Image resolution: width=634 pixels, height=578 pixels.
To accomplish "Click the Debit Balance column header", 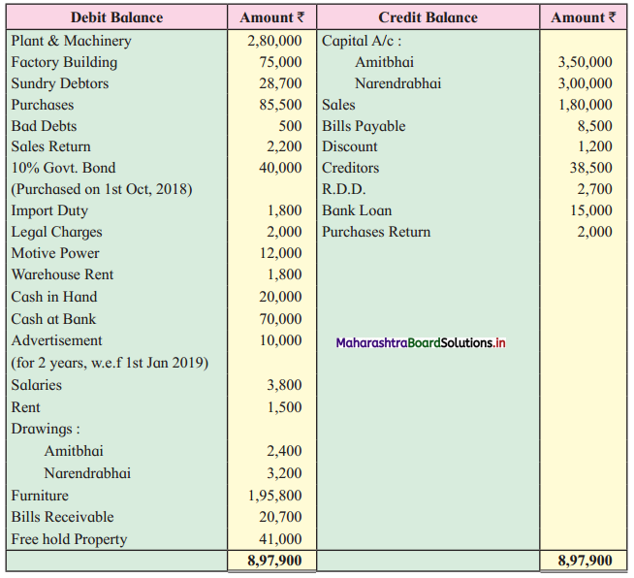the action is coord(117,17).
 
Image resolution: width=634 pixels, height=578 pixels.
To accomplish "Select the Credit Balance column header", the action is coord(428,17).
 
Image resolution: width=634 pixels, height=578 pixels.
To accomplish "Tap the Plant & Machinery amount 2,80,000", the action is coord(274,41).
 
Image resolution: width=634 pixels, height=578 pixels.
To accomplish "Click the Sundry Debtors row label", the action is coord(60,83).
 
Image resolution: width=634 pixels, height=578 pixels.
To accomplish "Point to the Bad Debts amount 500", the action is coord(290,126).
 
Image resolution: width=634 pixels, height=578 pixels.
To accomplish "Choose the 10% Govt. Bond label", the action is coord(63,168).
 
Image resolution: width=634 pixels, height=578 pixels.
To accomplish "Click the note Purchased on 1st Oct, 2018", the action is coord(102,189).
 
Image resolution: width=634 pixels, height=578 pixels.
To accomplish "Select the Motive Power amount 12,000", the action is coord(280,253).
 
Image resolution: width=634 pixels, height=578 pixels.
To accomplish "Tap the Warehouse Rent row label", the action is coord(62,274).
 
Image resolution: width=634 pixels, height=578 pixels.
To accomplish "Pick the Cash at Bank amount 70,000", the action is coord(280,319).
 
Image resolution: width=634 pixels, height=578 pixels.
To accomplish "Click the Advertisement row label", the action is coord(56,340).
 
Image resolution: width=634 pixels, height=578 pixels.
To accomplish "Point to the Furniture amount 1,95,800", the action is coord(275,496).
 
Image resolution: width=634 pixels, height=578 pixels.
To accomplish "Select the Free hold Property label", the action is coord(69,539).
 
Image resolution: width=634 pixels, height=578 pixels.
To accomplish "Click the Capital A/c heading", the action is coord(362,41).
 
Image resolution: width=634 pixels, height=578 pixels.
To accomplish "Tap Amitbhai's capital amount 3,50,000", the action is coord(586,62).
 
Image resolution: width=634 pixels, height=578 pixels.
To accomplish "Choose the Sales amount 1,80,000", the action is coord(586,105).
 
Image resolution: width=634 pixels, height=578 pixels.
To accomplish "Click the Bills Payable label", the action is coord(364,126).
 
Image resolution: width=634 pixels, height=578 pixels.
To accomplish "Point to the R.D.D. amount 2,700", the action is coord(595,189).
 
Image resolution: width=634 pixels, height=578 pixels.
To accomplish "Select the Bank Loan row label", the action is coord(357,210).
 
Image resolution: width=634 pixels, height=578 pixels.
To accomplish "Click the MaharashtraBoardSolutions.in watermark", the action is coord(421,343).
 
